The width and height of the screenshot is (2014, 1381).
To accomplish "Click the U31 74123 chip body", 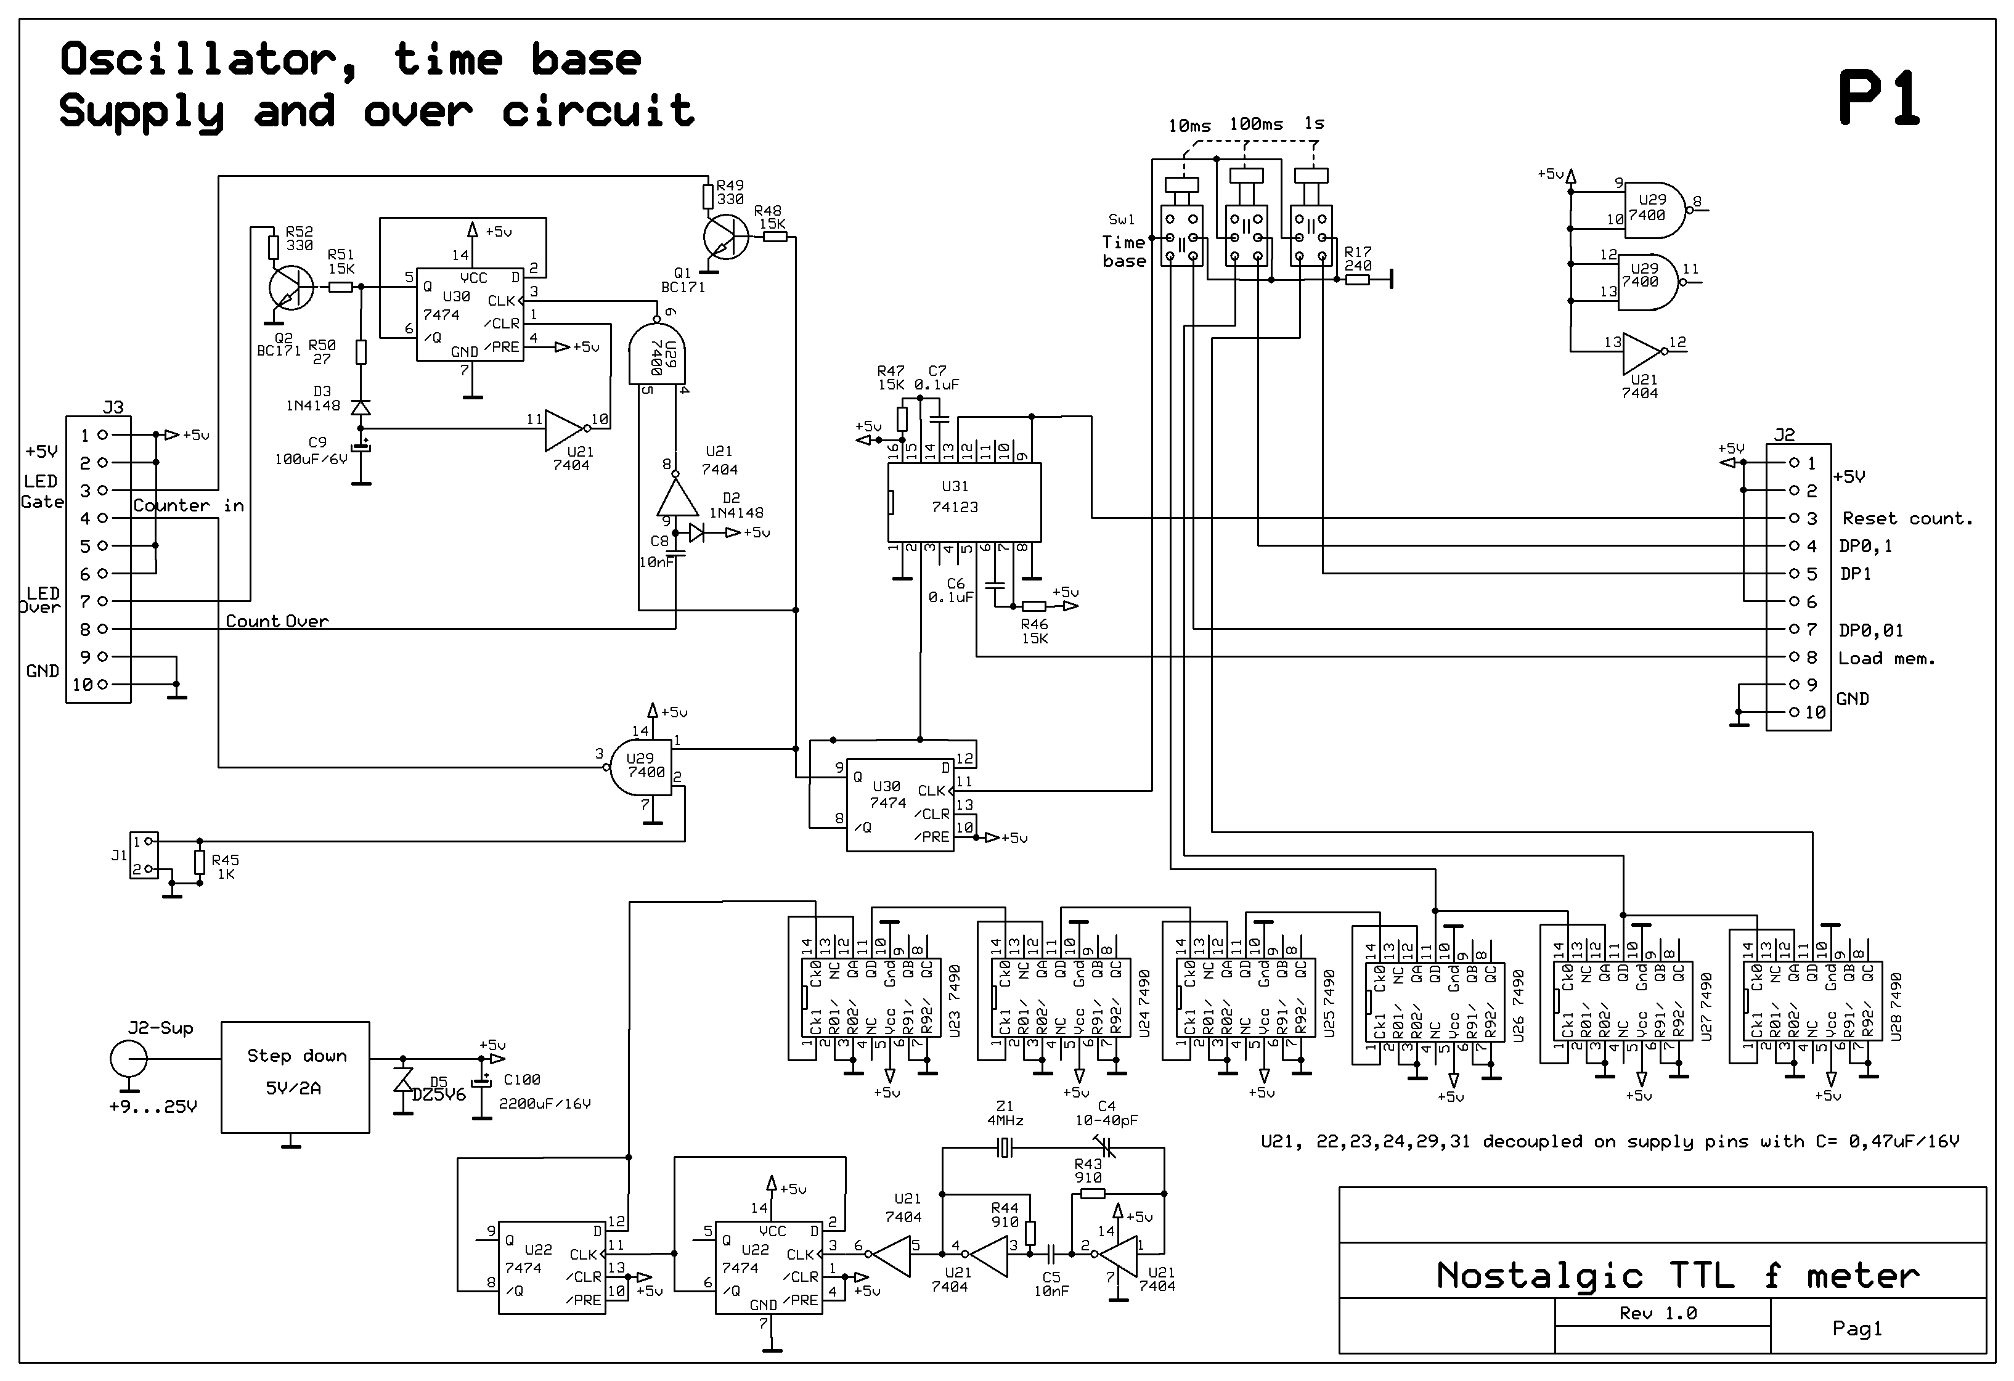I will click(964, 502).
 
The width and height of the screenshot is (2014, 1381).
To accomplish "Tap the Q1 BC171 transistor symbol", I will click(725, 237).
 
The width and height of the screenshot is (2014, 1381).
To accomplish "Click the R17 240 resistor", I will click(1356, 279).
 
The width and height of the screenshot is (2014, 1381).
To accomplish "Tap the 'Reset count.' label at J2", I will click(1907, 519).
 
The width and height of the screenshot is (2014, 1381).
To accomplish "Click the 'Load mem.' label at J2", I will click(1886, 658).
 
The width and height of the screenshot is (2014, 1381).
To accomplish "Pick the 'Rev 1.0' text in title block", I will click(1657, 1313).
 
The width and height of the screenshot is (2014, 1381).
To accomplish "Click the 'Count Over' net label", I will click(277, 621).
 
